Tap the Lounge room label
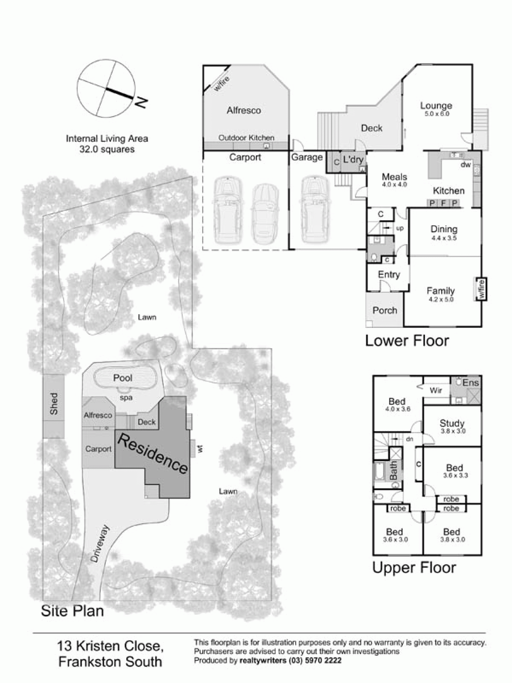[x=436, y=106]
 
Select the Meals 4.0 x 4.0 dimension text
[x=394, y=185]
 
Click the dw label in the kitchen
[x=466, y=165]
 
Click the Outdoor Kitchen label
[x=246, y=138]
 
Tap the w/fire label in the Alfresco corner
[x=222, y=84]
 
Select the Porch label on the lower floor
[x=385, y=310]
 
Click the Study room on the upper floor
[x=452, y=423]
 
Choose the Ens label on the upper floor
[x=471, y=383]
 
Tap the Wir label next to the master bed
[x=436, y=390]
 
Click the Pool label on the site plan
[x=123, y=378]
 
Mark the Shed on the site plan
[x=54, y=404]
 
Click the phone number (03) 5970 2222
[x=315, y=661]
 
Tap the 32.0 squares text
[x=107, y=149]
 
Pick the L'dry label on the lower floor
[x=353, y=159]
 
